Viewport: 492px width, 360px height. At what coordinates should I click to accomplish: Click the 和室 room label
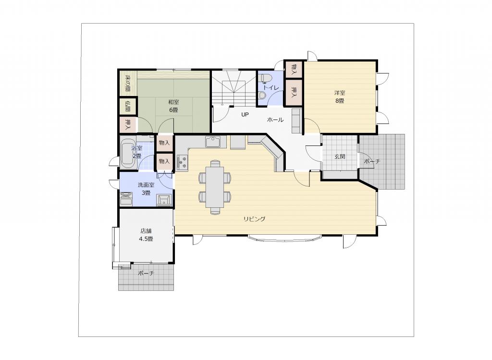coord(173,102)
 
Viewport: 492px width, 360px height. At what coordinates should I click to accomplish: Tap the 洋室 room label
coord(340,93)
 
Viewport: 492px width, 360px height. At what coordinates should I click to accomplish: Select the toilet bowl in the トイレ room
coord(264,77)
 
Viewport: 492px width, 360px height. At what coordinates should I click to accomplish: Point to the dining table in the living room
coord(215,187)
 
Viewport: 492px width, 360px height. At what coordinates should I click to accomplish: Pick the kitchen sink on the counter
coord(213,142)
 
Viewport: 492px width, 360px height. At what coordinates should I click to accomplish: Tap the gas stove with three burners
coord(182,162)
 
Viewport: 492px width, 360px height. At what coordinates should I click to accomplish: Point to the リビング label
coord(255,219)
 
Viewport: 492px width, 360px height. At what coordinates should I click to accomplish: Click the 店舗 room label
coord(146,231)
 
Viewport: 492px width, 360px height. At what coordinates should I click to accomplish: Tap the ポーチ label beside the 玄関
coord(372,161)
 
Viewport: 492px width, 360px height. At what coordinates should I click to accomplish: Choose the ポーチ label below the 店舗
coord(146,273)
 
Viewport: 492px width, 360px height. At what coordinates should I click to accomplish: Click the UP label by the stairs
coord(245,114)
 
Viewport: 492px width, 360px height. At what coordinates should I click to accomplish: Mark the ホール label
coord(275,120)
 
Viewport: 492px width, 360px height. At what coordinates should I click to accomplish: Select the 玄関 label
coord(340,156)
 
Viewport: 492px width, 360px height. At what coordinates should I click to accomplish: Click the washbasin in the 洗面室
coord(164,200)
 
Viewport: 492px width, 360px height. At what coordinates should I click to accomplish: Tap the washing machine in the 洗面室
coord(126,199)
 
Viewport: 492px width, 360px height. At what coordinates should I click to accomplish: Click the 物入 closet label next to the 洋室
coord(294,69)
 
